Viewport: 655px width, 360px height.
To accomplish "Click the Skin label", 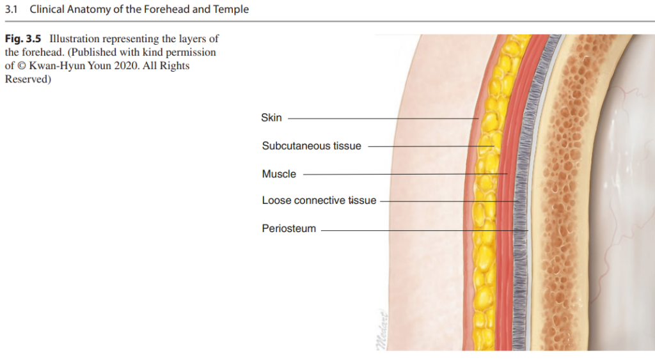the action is (271, 118).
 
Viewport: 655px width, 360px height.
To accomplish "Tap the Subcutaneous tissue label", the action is (312, 146).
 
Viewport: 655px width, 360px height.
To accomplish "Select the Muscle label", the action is (279, 174).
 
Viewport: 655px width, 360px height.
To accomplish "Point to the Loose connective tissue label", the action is (319, 201).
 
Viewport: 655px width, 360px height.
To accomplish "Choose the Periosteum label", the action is (288, 228).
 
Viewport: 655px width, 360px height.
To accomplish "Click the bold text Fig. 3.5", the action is (23, 39).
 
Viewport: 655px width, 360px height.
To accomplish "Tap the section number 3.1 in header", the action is (12, 9).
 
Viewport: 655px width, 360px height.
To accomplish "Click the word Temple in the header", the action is (231, 9).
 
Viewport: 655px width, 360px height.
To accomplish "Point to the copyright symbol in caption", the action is (21, 66).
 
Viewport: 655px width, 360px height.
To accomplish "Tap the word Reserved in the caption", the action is (26, 79).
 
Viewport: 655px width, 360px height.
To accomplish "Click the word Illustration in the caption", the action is (74, 39).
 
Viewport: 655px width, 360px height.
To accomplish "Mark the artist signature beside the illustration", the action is (382, 329).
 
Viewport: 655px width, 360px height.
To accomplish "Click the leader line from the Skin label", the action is (383, 118).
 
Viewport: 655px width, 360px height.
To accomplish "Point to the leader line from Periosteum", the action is (425, 230).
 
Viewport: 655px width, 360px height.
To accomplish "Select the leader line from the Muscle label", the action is (405, 174).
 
